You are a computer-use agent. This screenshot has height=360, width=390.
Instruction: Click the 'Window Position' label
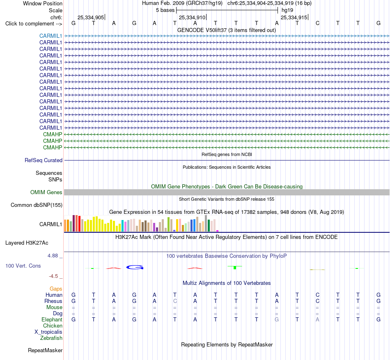coord(43,3)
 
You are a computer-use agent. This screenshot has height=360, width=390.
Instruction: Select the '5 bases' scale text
coord(165,10)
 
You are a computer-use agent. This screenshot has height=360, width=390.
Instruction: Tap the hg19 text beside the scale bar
coord(287,10)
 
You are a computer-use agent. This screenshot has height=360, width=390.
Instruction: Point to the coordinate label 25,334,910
coord(192,17)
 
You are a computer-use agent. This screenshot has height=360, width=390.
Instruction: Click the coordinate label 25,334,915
coord(294,17)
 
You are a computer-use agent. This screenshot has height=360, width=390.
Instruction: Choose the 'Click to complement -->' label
coord(34,24)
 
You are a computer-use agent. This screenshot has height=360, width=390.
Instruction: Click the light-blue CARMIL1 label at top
coord(50,36)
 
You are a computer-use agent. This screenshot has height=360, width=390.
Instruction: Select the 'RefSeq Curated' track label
coord(43,161)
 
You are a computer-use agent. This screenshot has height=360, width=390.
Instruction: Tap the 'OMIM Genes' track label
coord(46,192)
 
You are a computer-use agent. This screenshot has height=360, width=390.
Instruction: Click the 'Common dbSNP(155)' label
coord(36,205)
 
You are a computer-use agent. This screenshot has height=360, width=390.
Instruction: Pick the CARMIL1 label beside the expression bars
coord(50,224)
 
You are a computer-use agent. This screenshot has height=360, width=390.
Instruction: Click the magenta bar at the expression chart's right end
coord(218,231)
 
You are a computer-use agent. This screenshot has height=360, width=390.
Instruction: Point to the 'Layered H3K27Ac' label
coord(27,243)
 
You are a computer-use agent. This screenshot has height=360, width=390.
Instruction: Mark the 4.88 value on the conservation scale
coord(53,256)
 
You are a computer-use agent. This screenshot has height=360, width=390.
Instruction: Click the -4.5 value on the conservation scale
coord(53,276)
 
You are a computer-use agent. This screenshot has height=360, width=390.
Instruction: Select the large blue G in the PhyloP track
coord(135,267)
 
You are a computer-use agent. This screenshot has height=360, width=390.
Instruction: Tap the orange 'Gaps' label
coord(56,289)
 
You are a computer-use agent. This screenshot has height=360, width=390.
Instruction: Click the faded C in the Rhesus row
coord(175,301)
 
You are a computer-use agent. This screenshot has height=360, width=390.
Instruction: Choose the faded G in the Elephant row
coord(277,319)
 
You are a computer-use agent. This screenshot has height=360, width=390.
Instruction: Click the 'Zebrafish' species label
coord(51,338)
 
